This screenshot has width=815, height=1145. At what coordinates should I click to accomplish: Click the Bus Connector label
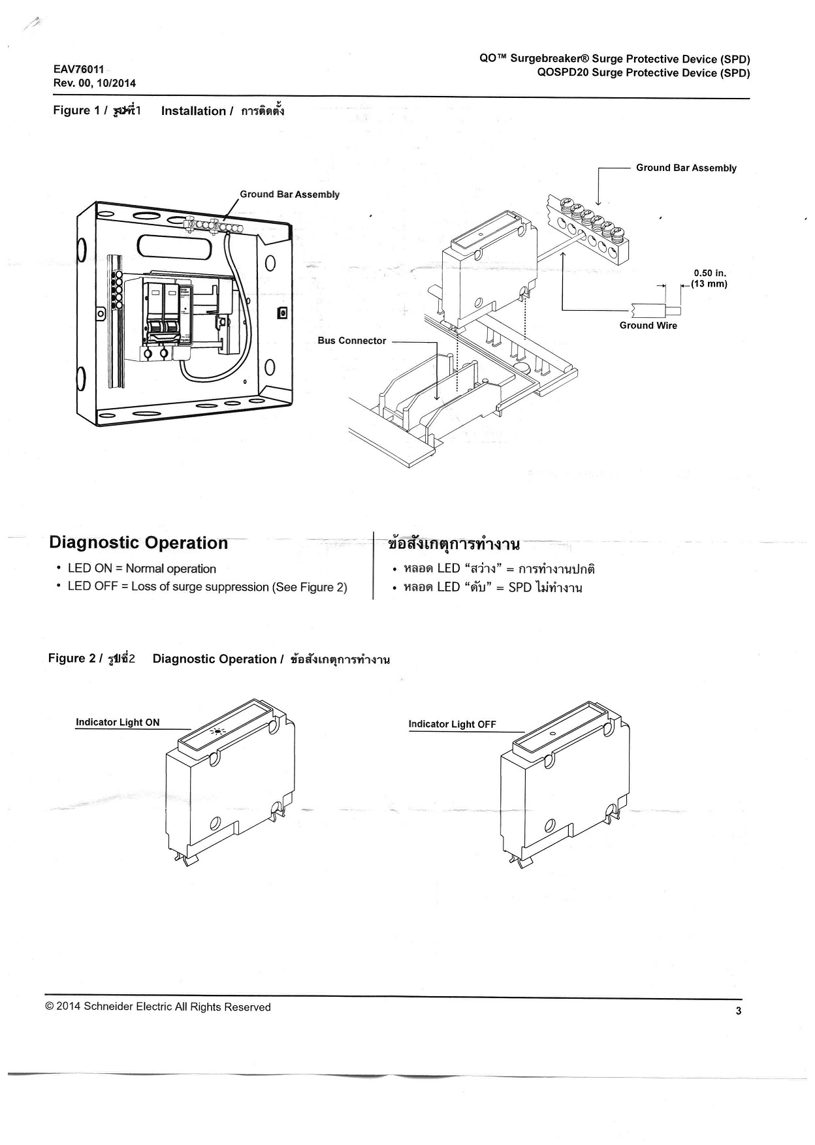[351, 341]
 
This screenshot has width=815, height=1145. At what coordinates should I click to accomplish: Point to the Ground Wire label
[648, 326]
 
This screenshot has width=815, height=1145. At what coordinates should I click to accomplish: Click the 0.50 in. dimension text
[709, 274]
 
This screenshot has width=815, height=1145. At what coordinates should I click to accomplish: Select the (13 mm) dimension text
[709, 284]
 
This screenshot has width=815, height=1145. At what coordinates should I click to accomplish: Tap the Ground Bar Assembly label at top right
[686, 168]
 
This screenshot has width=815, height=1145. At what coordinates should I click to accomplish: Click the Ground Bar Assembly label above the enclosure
[289, 195]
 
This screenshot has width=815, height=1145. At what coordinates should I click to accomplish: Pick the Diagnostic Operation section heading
[138, 543]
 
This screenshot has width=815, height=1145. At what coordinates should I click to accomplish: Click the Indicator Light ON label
[118, 723]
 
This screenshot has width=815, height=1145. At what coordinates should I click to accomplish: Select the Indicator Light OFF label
[452, 724]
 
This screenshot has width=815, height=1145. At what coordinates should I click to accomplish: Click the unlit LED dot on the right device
[552, 734]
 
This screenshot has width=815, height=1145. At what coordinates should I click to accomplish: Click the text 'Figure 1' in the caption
[71, 110]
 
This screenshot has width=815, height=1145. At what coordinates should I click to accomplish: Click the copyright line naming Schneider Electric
[158, 1007]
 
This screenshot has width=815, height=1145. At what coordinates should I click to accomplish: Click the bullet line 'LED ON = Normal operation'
[142, 569]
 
